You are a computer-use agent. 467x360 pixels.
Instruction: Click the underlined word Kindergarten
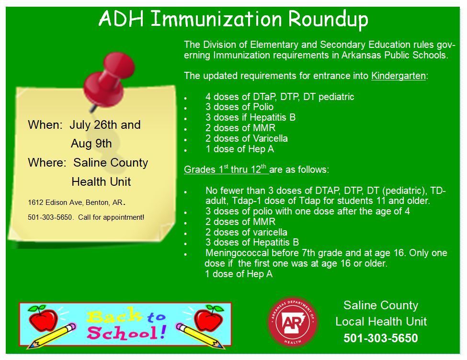[398, 76]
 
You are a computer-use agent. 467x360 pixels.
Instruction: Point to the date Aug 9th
[91, 144]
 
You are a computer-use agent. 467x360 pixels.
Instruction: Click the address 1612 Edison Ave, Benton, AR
[76, 202]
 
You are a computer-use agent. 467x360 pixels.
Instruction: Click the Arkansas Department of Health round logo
[293, 321]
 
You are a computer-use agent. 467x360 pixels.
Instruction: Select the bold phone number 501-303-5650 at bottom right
[380, 338]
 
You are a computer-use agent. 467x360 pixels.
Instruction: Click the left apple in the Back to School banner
[43, 318]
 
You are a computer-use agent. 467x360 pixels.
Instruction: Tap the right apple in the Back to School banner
[209, 318]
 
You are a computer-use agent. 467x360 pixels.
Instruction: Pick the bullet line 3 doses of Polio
[239, 107]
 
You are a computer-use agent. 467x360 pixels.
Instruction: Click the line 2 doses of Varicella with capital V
[246, 138]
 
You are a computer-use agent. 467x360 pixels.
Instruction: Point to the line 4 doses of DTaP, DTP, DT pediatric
[279, 97]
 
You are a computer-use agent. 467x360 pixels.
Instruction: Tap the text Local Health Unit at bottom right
[381, 322]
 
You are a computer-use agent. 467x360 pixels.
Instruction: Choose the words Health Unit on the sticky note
[101, 182]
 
